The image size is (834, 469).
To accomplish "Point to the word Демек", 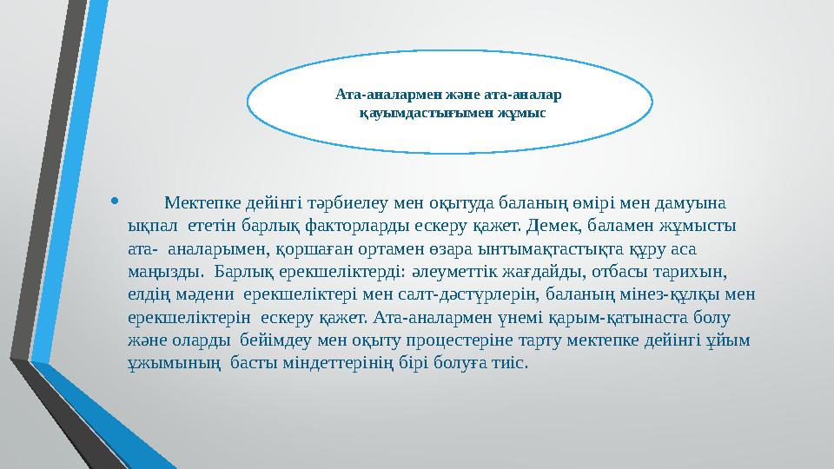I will pyautogui.click(x=545, y=228).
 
